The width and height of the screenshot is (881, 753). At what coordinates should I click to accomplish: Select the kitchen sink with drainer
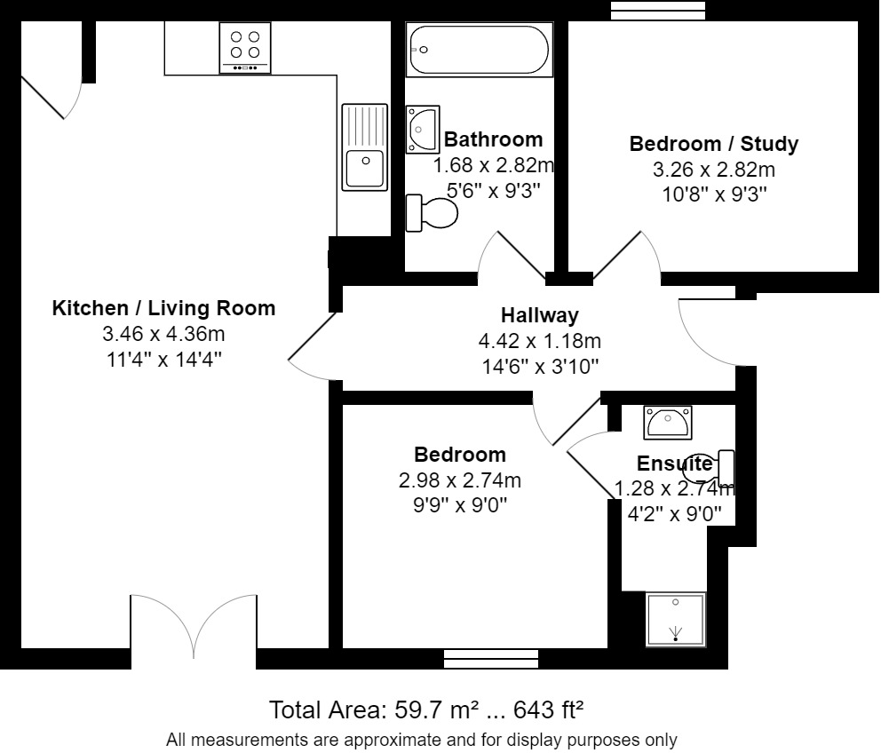pyautogui.click(x=364, y=147)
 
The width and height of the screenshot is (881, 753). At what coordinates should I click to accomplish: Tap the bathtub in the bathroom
pyautogui.click(x=479, y=50)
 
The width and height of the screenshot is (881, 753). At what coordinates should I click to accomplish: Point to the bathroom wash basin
pyautogui.click(x=423, y=128)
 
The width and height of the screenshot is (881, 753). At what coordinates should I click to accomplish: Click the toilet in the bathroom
pyautogui.click(x=432, y=213)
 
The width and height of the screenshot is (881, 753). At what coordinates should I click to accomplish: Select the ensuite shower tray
pyautogui.click(x=676, y=619)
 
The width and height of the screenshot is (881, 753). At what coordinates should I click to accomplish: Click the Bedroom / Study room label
pyautogui.click(x=713, y=144)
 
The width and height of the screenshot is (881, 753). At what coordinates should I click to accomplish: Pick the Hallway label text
pyautogui.click(x=539, y=314)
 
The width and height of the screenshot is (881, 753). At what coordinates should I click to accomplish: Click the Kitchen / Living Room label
pyautogui.click(x=164, y=308)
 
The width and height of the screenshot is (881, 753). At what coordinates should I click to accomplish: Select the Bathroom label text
pyautogui.click(x=493, y=139)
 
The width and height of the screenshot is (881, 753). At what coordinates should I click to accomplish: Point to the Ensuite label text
pyautogui.click(x=674, y=464)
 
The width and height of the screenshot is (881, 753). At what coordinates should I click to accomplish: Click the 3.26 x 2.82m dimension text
pyautogui.click(x=713, y=170)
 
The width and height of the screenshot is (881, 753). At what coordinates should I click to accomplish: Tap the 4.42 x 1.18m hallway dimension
pyautogui.click(x=539, y=340)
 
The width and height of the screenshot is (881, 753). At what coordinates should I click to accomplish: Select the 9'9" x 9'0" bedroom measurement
pyautogui.click(x=461, y=505)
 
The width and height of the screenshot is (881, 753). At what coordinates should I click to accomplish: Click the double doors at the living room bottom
pyautogui.click(x=194, y=627)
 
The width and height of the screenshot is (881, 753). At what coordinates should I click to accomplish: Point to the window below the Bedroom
pyautogui.click(x=490, y=658)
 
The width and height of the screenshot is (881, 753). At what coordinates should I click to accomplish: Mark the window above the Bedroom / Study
pyautogui.click(x=658, y=10)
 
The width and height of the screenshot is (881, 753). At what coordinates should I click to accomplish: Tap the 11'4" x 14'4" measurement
pyautogui.click(x=164, y=360)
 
